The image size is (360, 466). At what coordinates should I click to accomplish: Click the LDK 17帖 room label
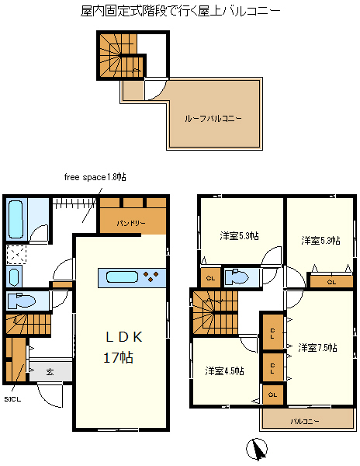tap(121, 347)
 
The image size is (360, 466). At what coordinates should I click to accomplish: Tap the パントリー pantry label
tap(131, 223)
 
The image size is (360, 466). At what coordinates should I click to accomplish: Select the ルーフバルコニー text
tap(213, 119)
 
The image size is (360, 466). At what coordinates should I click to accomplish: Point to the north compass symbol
tap(256, 449)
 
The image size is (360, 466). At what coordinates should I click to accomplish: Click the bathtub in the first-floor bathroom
tap(16, 219)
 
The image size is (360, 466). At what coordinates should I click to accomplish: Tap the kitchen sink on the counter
tap(122, 277)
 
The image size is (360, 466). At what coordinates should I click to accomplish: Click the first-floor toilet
tap(21, 301)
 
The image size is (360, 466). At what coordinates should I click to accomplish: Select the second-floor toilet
tap(237, 277)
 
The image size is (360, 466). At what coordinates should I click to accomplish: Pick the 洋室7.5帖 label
tap(317, 347)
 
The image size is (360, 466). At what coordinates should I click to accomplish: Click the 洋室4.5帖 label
tap(224, 371)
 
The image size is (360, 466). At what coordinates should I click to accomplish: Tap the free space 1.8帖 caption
tap(95, 177)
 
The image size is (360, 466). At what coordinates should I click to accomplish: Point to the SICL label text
tap(12, 399)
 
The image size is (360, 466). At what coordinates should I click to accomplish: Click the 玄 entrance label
tap(50, 371)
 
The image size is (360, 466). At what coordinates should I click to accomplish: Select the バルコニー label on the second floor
tap(305, 421)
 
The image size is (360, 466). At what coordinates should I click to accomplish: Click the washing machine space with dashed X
tap(16, 255)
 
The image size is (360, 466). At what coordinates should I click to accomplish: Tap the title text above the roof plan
tap(181, 11)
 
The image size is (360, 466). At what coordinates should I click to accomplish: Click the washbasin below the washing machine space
tap(14, 276)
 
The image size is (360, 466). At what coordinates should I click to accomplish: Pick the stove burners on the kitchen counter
tap(151, 276)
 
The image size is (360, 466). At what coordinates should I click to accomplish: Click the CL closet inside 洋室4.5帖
tap(273, 395)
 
